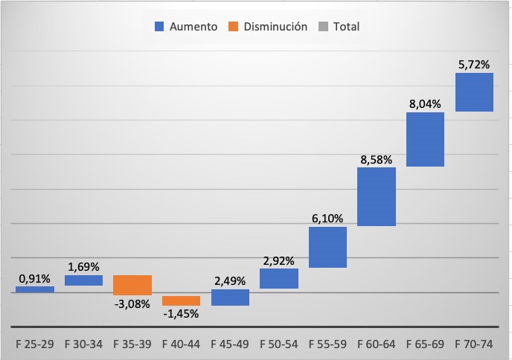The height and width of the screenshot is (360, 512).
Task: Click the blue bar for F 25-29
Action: [x=35, y=289]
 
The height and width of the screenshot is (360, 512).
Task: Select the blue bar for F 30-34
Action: [x=83, y=280]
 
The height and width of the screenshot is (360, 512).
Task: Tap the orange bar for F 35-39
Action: [x=132, y=285]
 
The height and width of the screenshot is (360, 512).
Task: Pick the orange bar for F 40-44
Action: [x=181, y=300]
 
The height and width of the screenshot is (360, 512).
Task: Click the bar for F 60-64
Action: [x=377, y=196]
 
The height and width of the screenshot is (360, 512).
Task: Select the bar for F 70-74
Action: [x=474, y=92]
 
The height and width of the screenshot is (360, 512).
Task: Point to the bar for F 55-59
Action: [x=327, y=247]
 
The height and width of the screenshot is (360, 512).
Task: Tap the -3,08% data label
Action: [x=132, y=303]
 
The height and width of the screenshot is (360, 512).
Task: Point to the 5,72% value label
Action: [x=474, y=65]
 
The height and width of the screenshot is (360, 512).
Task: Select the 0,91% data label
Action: [x=34, y=279]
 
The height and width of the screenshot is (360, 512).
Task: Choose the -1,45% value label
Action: [x=181, y=314]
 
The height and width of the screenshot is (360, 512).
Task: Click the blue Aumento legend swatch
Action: [x=159, y=27]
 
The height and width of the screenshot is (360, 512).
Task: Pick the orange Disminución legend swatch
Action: [x=234, y=27]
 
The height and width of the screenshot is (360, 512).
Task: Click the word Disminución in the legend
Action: [x=275, y=27]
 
